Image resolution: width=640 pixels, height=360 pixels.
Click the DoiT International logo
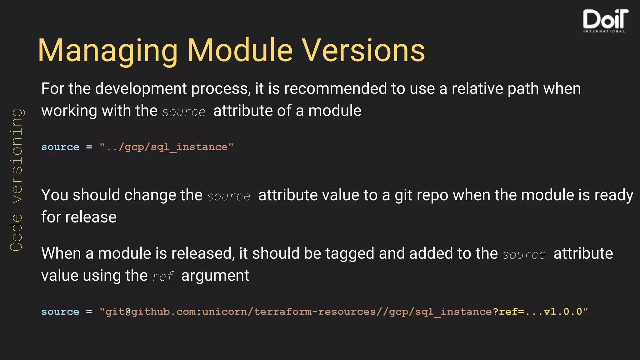click(605, 21)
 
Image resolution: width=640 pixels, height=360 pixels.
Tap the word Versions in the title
click(363, 51)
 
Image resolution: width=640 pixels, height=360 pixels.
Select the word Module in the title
click(240, 51)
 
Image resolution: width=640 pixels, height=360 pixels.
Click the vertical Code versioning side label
click(16, 180)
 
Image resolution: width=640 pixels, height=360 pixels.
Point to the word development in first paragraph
click(141, 89)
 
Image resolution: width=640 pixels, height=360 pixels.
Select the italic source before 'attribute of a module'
click(184, 112)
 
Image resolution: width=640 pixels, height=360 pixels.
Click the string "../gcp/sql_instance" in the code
click(166, 147)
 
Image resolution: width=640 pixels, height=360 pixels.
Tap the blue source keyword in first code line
click(60, 147)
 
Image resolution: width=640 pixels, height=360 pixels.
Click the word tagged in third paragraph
click(350, 253)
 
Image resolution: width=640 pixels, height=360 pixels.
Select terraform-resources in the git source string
click(315, 312)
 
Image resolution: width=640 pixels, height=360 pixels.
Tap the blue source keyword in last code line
click(60, 312)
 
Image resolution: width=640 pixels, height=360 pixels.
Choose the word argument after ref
click(215, 276)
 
